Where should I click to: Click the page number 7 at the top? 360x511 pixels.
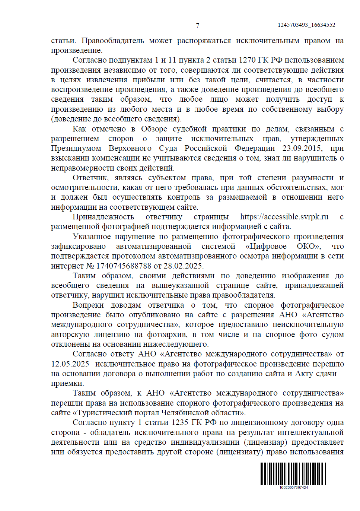197,25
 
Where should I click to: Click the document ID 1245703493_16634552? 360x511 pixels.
306,25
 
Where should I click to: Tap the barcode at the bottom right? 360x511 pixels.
293,473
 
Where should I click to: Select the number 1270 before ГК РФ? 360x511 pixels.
248,60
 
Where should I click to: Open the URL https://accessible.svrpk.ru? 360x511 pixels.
284,217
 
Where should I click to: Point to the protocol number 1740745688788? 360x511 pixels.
124,266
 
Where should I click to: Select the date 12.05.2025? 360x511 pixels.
70,364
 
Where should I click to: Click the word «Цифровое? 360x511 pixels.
266,246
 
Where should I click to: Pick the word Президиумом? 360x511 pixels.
76,148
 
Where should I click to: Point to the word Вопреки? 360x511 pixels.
88,305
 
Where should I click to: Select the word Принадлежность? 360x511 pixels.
103,217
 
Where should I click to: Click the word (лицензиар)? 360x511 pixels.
265,442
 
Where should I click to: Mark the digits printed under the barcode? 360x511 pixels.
293,487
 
